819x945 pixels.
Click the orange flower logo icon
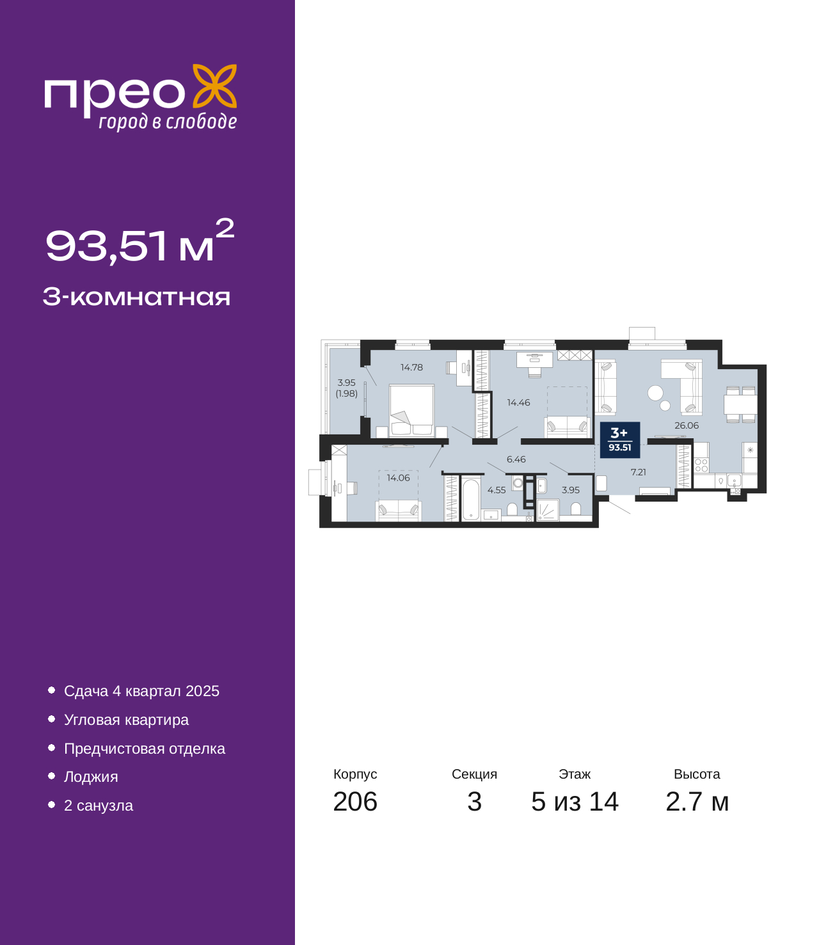point(214,86)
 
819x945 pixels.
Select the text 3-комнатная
point(136,297)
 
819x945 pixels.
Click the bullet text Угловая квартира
point(126,720)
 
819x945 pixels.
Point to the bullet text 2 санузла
point(99,805)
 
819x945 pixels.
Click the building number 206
point(355,802)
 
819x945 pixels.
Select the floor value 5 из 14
point(575,802)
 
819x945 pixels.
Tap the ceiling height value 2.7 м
point(697,802)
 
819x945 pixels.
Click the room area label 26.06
point(687,425)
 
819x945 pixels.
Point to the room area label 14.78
point(411,367)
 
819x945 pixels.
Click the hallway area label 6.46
point(516,459)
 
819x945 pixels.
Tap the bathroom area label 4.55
point(496,490)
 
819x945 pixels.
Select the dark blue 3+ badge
point(619,440)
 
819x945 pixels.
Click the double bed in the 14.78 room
point(411,410)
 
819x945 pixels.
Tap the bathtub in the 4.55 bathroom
point(470,499)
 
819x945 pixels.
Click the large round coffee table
point(655,393)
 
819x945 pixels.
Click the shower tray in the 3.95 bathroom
point(548,510)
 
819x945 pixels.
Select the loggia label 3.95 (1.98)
point(346,388)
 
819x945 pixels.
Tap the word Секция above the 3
point(474,774)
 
